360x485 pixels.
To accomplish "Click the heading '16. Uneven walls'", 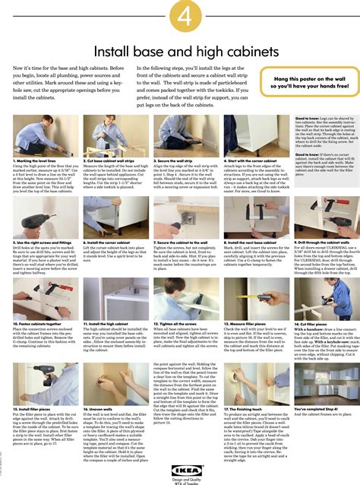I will click(x=96, y=407).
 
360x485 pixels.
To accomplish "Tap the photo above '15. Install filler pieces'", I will click(x=37, y=383).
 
